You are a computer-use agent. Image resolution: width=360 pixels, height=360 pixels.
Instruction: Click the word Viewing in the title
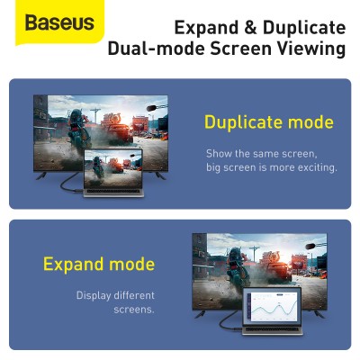[x=312, y=49]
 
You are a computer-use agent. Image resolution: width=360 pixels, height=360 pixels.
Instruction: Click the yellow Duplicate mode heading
[x=268, y=122]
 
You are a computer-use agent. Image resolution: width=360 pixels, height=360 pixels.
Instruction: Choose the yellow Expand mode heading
[x=99, y=265]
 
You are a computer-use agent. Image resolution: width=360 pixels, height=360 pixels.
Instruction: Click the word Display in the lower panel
[x=97, y=295]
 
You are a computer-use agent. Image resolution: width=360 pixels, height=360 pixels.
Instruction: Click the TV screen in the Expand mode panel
[x=225, y=261]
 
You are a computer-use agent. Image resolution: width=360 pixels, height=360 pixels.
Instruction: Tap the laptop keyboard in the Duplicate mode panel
[x=118, y=193]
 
